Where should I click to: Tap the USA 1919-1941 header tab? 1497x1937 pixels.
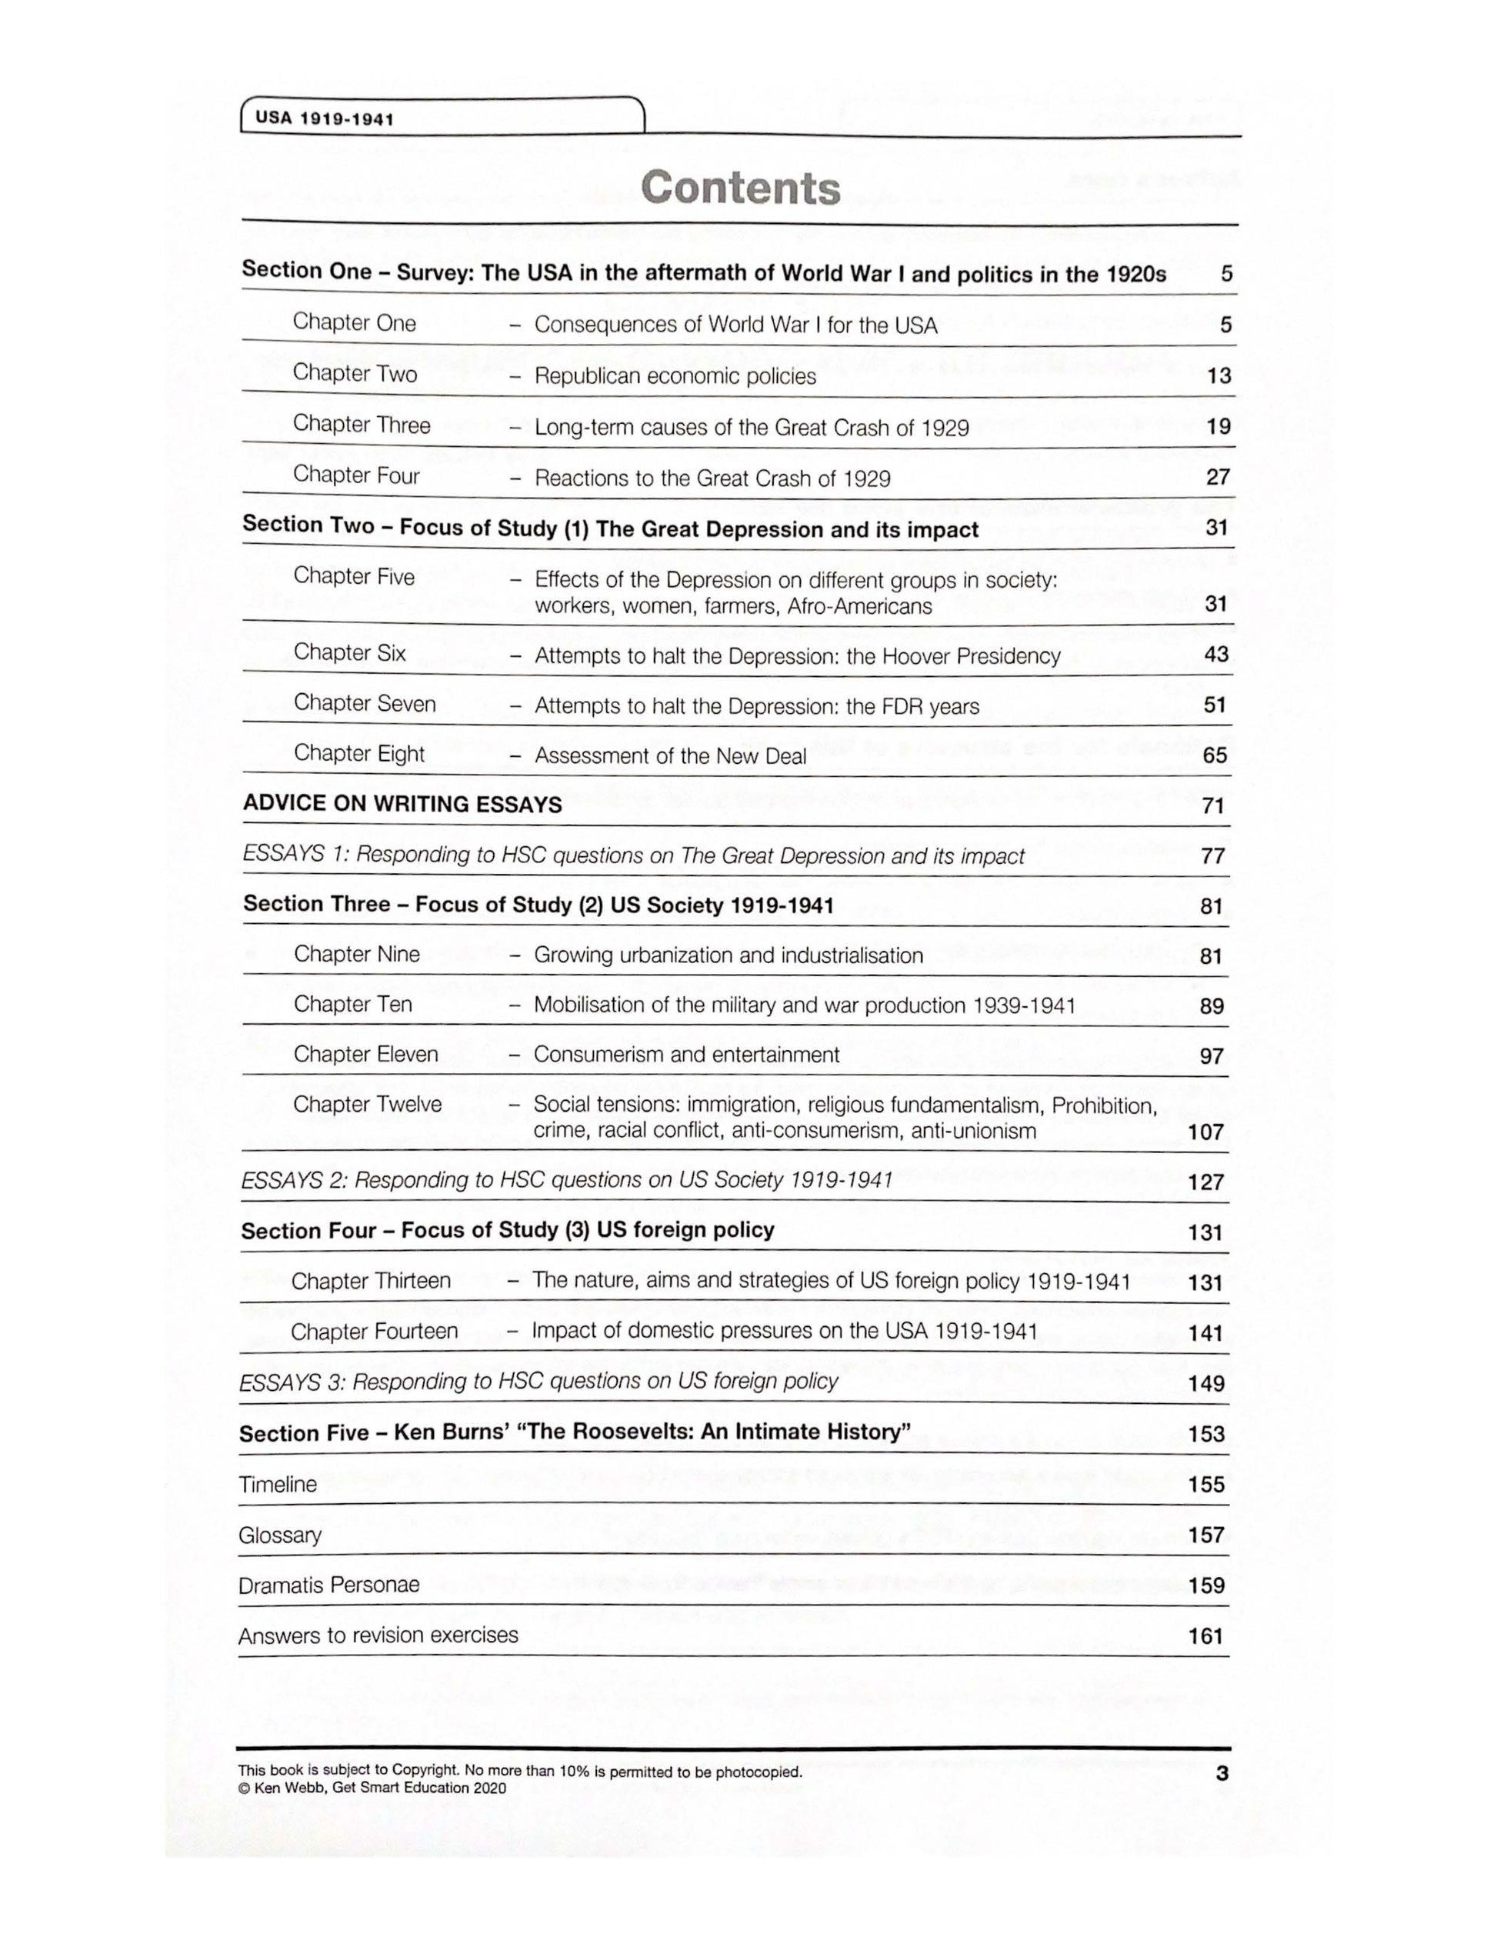(x=325, y=118)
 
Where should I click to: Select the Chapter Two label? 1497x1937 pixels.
(x=355, y=373)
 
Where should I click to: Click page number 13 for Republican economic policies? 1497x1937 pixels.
(x=1219, y=376)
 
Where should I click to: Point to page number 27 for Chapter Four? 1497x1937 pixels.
(x=1218, y=478)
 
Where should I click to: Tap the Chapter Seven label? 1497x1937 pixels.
(x=365, y=703)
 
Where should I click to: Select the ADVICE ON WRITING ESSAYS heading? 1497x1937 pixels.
(x=402, y=805)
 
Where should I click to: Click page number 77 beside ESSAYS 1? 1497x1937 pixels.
(x=1212, y=856)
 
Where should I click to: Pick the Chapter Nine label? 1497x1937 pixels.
(x=356, y=955)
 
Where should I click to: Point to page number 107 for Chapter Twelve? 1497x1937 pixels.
(x=1205, y=1132)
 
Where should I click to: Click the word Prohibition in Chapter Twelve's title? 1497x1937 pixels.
(x=1103, y=1106)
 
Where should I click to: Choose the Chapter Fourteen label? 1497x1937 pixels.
(x=374, y=1332)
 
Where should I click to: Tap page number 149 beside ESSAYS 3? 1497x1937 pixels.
(x=1206, y=1384)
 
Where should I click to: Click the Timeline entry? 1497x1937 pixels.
(x=278, y=1485)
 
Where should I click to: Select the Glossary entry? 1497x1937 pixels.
(x=279, y=1535)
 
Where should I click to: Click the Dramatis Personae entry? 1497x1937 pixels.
(x=328, y=1585)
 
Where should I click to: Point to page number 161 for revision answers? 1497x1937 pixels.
(x=1206, y=1636)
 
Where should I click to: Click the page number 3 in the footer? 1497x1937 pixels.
(x=1222, y=1774)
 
